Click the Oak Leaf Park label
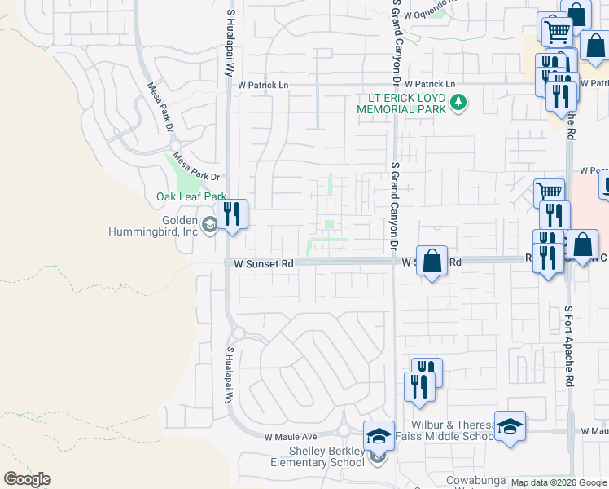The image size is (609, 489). pyautogui.click(x=191, y=196)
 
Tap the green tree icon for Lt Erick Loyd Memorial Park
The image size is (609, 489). pyautogui.click(x=459, y=103)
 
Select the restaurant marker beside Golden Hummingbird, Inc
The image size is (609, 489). pyautogui.click(x=233, y=214)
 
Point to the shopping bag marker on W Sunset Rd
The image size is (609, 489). pyautogui.click(x=432, y=262)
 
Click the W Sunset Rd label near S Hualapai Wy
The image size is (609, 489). pyautogui.click(x=263, y=264)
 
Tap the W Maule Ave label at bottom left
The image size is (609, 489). pyautogui.click(x=289, y=438)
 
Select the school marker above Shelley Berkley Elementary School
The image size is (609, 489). pyautogui.click(x=379, y=436)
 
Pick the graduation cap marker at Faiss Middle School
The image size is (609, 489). pyautogui.click(x=510, y=426)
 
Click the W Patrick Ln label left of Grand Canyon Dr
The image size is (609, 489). pyautogui.click(x=263, y=85)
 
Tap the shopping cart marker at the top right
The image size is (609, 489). pyautogui.click(x=557, y=33)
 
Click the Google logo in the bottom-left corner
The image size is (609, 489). pyautogui.click(x=27, y=478)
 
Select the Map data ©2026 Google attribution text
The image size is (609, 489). pyautogui.click(x=559, y=482)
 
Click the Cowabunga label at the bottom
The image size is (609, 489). pyautogui.click(x=476, y=480)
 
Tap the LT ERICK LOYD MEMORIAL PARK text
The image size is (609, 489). pyautogui.click(x=402, y=103)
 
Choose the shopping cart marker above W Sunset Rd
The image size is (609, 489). pyautogui.click(x=549, y=193)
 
